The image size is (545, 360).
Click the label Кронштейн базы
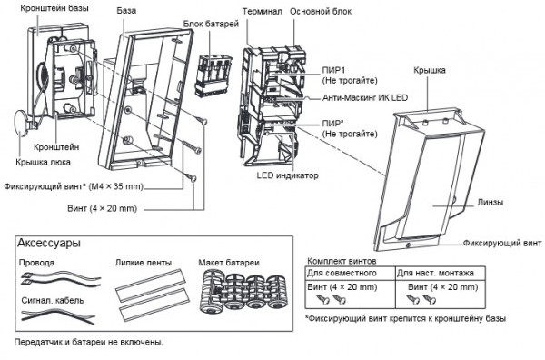coord(54,7)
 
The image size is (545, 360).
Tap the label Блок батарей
coord(211,24)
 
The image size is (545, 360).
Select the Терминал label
coord(263,12)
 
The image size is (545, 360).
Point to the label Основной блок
coord(321,12)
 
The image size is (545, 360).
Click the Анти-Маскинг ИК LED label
coord(365,98)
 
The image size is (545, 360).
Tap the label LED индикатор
coord(287,175)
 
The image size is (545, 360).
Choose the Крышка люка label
coord(43,162)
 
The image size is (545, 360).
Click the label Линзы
coord(490,203)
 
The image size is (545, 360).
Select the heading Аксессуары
coord(49,243)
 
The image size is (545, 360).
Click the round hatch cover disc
coord(21,122)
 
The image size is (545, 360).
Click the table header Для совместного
coord(342,273)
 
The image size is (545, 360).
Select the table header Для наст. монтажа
coord(435,273)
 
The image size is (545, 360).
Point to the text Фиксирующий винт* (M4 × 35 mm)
coord(74,186)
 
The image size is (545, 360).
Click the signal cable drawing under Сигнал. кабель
coord(58,316)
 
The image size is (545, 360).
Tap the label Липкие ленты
coord(144,263)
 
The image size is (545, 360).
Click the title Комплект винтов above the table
coord(342,261)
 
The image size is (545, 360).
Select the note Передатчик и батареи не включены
coord(89,342)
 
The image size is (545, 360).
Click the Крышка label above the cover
coord(430,70)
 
